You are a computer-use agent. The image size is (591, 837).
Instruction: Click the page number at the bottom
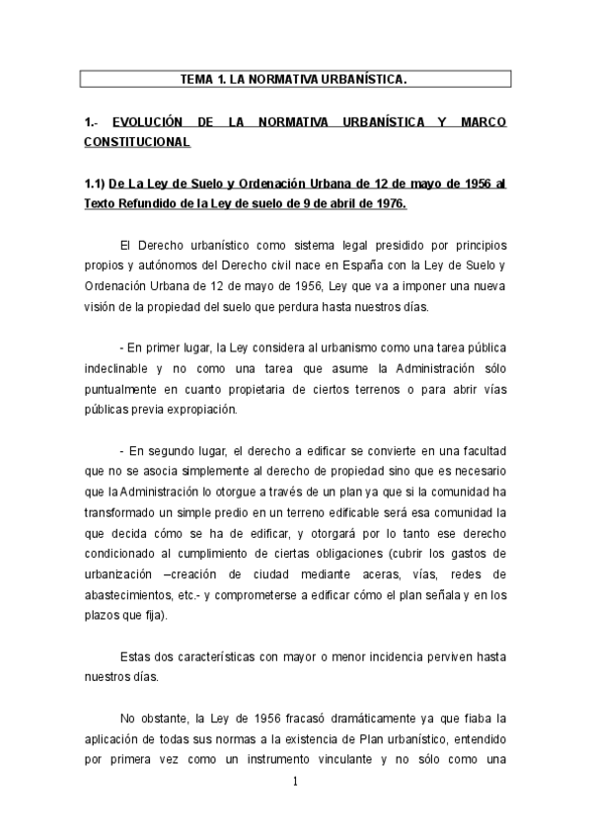coord(295,783)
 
